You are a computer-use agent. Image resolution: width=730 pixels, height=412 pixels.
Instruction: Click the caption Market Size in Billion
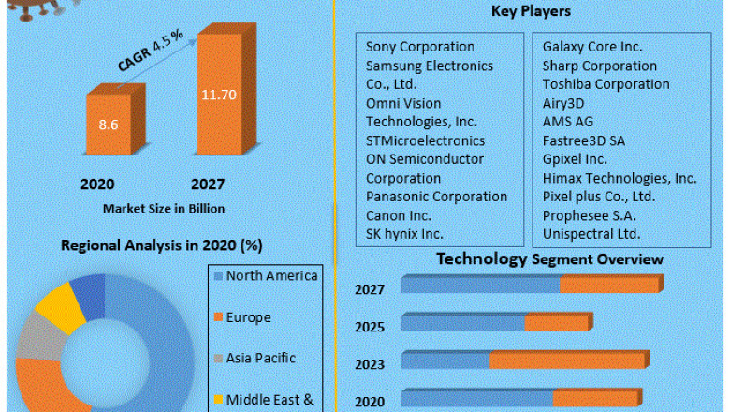tap(164, 208)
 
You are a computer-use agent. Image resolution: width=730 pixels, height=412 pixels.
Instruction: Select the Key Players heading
tap(531, 11)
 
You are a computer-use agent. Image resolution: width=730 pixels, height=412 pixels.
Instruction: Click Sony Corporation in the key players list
tap(419, 47)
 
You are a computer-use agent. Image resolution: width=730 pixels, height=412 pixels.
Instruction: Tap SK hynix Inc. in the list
tap(404, 234)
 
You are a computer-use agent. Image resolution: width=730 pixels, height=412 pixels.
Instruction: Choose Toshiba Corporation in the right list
tap(606, 84)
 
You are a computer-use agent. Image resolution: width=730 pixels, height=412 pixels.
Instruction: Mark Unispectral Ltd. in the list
tap(591, 234)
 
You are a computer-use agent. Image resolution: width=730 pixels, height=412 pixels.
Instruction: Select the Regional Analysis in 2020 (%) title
tap(161, 245)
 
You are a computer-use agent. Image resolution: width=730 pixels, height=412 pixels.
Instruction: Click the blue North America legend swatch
tap(217, 276)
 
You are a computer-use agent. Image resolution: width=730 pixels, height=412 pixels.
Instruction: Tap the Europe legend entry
tap(248, 317)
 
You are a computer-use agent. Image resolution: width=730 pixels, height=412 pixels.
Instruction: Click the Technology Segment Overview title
tap(550, 258)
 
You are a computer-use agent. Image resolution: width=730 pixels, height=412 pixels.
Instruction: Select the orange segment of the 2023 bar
tap(567, 360)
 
